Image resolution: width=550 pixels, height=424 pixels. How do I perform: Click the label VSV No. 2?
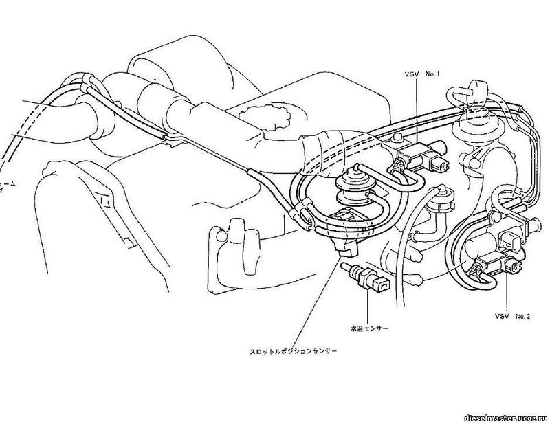[511, 315]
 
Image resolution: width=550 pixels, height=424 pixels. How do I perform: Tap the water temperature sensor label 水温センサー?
[369, 329]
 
